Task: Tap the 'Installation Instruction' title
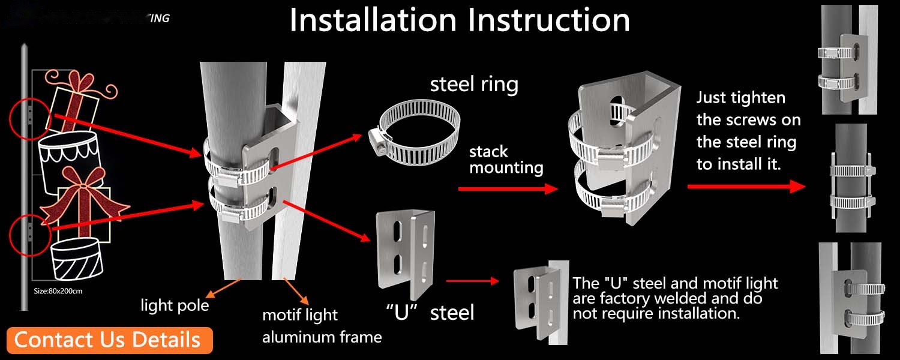(x=460, y=20)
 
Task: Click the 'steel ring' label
(x=474, y=84)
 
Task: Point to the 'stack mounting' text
(x=506, y=159)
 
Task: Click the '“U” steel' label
(x=430, y=312)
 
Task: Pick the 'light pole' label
(x=175, y=305)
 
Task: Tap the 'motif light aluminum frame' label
(x=322, y=326)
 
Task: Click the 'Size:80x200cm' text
(x=58, y=291)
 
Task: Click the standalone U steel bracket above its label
(x=404, y=255)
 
